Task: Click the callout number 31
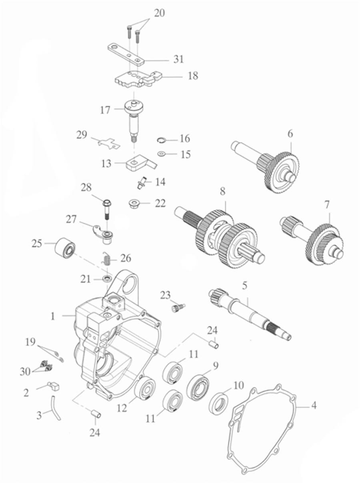(x=178, y=59)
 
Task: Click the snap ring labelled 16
(x=161, y=139)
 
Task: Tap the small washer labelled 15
(x=161, y=153)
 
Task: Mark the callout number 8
(x=223, y=192)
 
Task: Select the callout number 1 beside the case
(x=52, y=316)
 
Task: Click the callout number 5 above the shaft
(x=245, y=286)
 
